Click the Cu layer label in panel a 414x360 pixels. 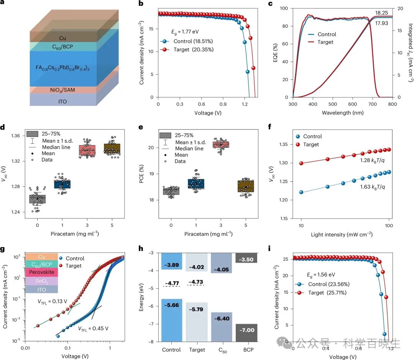pos(62,38)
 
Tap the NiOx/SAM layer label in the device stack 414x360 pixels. pos(62,90)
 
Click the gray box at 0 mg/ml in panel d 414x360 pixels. pos(38,199)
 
